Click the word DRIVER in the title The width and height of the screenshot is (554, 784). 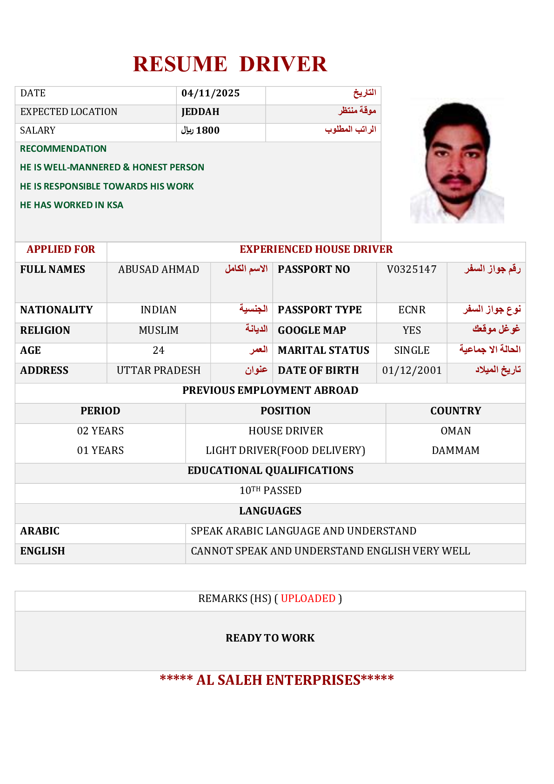pos(283,64)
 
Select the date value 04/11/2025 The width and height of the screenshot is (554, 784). pos(210,93)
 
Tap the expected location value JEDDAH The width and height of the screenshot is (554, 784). pos(200,112)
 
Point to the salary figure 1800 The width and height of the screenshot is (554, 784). pos(207,130)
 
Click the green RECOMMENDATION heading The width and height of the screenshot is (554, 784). pos(63,149)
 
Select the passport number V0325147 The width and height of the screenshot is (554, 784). pos(412,270)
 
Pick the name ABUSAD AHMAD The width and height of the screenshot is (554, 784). pos(159,270)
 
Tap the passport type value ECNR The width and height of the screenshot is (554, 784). pos(412,310)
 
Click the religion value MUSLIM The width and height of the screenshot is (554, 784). pos(159,331)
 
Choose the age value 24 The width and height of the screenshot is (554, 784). pos(159,351)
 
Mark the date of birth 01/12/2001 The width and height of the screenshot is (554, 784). pos(412,371)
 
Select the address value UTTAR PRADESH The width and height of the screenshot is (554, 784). pos(159,371)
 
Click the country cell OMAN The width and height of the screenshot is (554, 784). pos(455,431)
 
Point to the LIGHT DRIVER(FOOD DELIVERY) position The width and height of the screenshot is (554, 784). pos(285,451)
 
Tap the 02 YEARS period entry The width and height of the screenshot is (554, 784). pos(100,431)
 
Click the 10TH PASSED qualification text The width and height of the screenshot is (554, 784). pos(270,491)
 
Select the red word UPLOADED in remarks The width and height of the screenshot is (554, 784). pos(308,599)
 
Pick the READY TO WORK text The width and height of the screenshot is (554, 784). pos(270,638)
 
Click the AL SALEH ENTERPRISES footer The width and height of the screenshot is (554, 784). pos(277,680)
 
